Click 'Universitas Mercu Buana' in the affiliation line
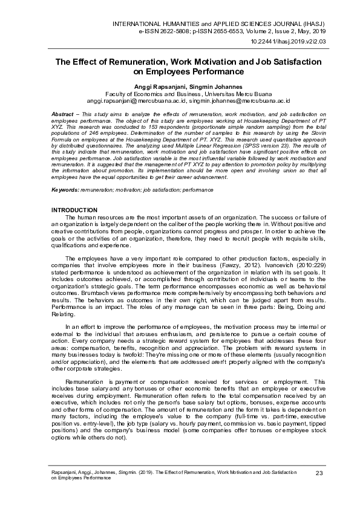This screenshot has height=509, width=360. [x=227, y=94]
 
